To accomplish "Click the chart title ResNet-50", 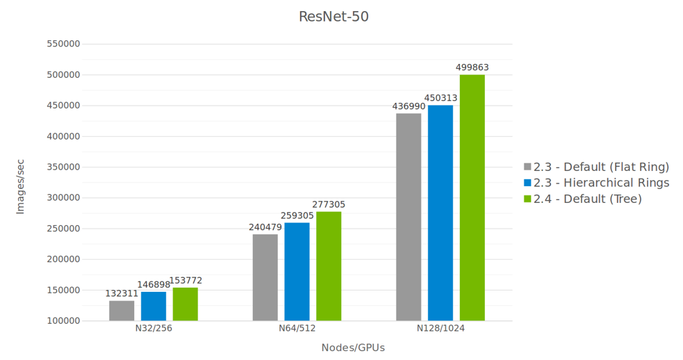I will [x=334, y=17].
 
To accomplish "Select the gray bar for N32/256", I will [x=122, y=311].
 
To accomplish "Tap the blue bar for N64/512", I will [x=297, y=272].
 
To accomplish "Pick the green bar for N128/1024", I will [x=472, y=198].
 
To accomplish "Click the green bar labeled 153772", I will [x=186, y=304].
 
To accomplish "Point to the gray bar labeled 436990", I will [x=409, y=217].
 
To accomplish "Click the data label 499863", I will [x=472, y=67].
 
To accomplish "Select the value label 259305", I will [x=297, y=215].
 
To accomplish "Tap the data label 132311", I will [x=122, y=293].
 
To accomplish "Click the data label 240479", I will [x=265, y=227].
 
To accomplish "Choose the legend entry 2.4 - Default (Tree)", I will [x=588, y=199].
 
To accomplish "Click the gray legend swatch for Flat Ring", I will [x=527, y=167].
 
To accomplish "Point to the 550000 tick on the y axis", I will [x=63, y=44].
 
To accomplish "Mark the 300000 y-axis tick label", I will [x=63, y=198].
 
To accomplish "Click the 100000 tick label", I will [x=63, y=321].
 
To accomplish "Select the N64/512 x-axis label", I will [x=297, y=329].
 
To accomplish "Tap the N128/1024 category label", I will [x=441, y=329].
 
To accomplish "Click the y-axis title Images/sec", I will [x=20, y=186].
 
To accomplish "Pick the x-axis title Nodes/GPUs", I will [x=353, y=347].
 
